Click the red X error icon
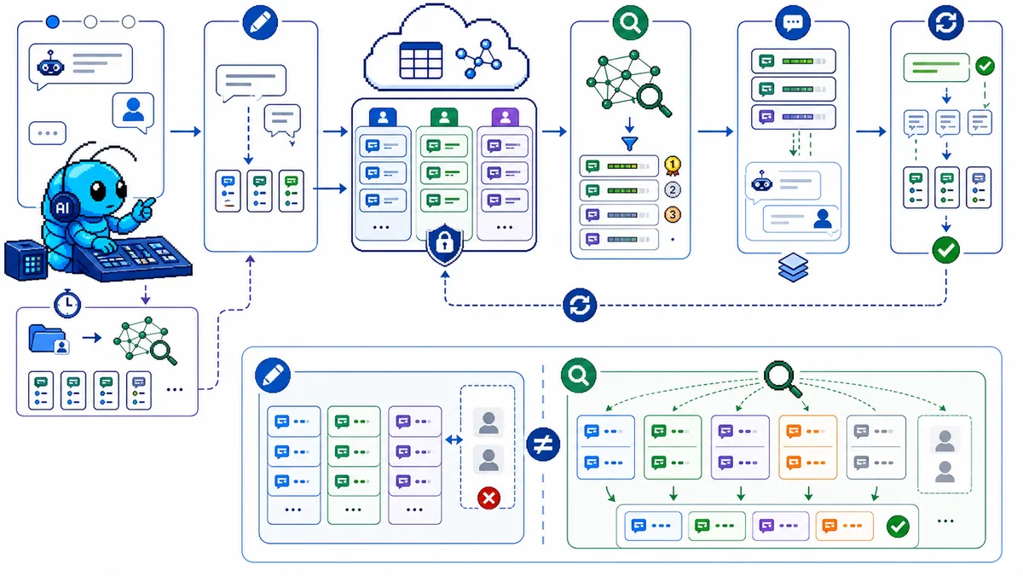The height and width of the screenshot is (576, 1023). (x=488, y=497)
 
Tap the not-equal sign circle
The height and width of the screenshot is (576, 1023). (x=543, y=445)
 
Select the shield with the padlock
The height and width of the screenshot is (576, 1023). (x=444, y=244)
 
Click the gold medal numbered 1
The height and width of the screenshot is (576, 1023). (x=673, y=166)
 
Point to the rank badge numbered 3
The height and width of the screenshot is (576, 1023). (x=673, y=214)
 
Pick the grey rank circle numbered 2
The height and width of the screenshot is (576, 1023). (x=673, y=189)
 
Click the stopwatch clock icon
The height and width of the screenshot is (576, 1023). (x=67, y=304)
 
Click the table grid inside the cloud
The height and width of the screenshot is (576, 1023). (x=420, y=61)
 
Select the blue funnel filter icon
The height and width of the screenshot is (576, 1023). (x=630, y=144)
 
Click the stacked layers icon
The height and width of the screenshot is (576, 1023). (x=794, y=267)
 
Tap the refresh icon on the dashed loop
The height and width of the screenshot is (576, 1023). (x=580, y=305)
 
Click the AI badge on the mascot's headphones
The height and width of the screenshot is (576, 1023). (x=62, y=208)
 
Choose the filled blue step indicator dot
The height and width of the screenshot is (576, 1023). (x=53, y=21)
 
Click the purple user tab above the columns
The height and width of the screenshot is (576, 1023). (x=505, y=118)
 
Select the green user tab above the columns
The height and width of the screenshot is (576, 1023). (x=444, y=118)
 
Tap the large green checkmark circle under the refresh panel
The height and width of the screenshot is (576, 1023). (x=945, y=249)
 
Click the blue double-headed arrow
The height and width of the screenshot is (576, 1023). (x=454, y=439)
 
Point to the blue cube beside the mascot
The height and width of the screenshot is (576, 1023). (x=26, y=259)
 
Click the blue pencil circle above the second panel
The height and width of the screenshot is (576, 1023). (x=260, y=22)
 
